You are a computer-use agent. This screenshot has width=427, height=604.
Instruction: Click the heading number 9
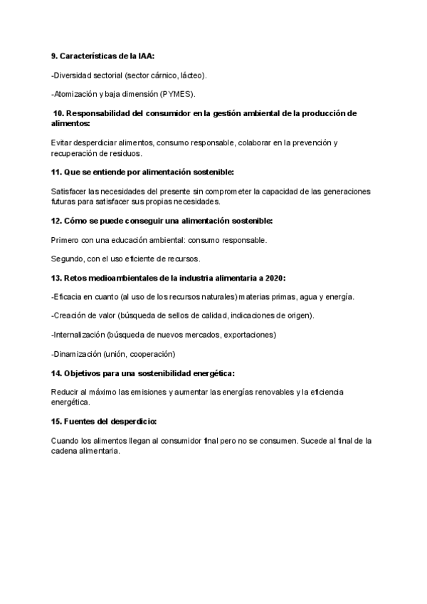point(53,56)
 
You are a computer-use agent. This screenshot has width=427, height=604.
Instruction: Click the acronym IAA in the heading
point(145,56)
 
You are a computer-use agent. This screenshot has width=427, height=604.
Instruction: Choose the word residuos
point(127,153)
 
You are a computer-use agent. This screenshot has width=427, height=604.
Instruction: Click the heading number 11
point(56,172)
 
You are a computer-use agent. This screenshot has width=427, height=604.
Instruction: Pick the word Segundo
point(68,259)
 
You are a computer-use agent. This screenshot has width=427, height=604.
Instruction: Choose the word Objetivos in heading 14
point(88,373)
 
